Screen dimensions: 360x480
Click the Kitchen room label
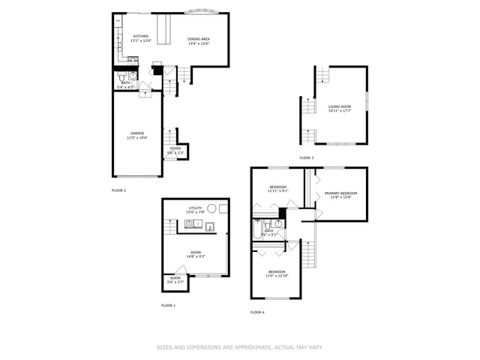pos(140,36)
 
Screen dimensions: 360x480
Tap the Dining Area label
pos(198,38)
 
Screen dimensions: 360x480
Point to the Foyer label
pos(175,148)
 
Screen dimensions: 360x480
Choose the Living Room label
pos(339,106)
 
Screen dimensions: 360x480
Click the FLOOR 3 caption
pos(307,157)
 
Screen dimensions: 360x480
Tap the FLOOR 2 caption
pos(118,190)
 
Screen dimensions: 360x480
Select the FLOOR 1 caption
pos(168,305)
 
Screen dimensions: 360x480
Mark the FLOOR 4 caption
pos(257,311)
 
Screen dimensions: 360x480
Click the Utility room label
pos(195,208)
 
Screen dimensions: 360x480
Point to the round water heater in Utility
pos(212,209)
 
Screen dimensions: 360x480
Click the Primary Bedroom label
pos(340,193)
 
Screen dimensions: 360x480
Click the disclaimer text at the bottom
pos(239,347)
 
